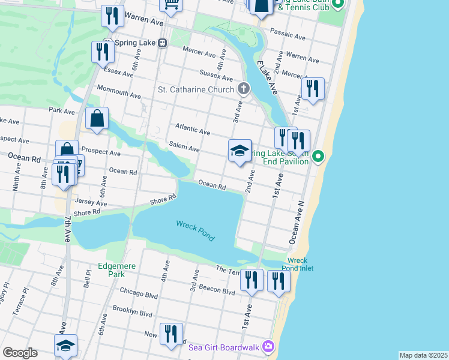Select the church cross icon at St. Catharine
243,89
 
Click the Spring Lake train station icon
162,43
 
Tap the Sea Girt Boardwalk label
224,346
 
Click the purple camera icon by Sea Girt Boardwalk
268,346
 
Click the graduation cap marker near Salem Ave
240,151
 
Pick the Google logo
20,352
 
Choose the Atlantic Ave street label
193,130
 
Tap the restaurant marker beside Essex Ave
103,52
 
